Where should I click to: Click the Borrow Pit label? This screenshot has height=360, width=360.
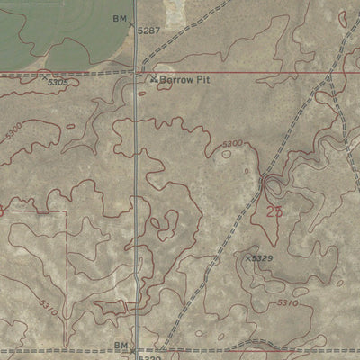[184, 79]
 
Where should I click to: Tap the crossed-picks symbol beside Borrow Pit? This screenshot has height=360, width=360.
[154, 79]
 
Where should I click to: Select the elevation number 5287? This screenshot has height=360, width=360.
[148, 30]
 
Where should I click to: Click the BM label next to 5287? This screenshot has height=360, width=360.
[120, 18]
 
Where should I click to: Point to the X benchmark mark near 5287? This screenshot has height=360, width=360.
[133, 23]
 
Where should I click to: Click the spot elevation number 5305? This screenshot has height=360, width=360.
[58, 83]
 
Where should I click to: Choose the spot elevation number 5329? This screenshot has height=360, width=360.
[262, 258]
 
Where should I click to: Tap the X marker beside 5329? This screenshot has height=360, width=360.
[247, 257]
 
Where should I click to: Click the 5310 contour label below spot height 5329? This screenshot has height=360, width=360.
[287, 302]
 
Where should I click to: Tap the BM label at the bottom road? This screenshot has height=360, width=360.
[121, 346]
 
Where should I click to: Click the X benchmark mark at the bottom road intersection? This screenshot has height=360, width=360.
[133, 350]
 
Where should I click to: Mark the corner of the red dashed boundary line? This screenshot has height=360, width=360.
[65, 212]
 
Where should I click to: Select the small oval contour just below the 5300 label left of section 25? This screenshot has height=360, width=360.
[225, 154]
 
